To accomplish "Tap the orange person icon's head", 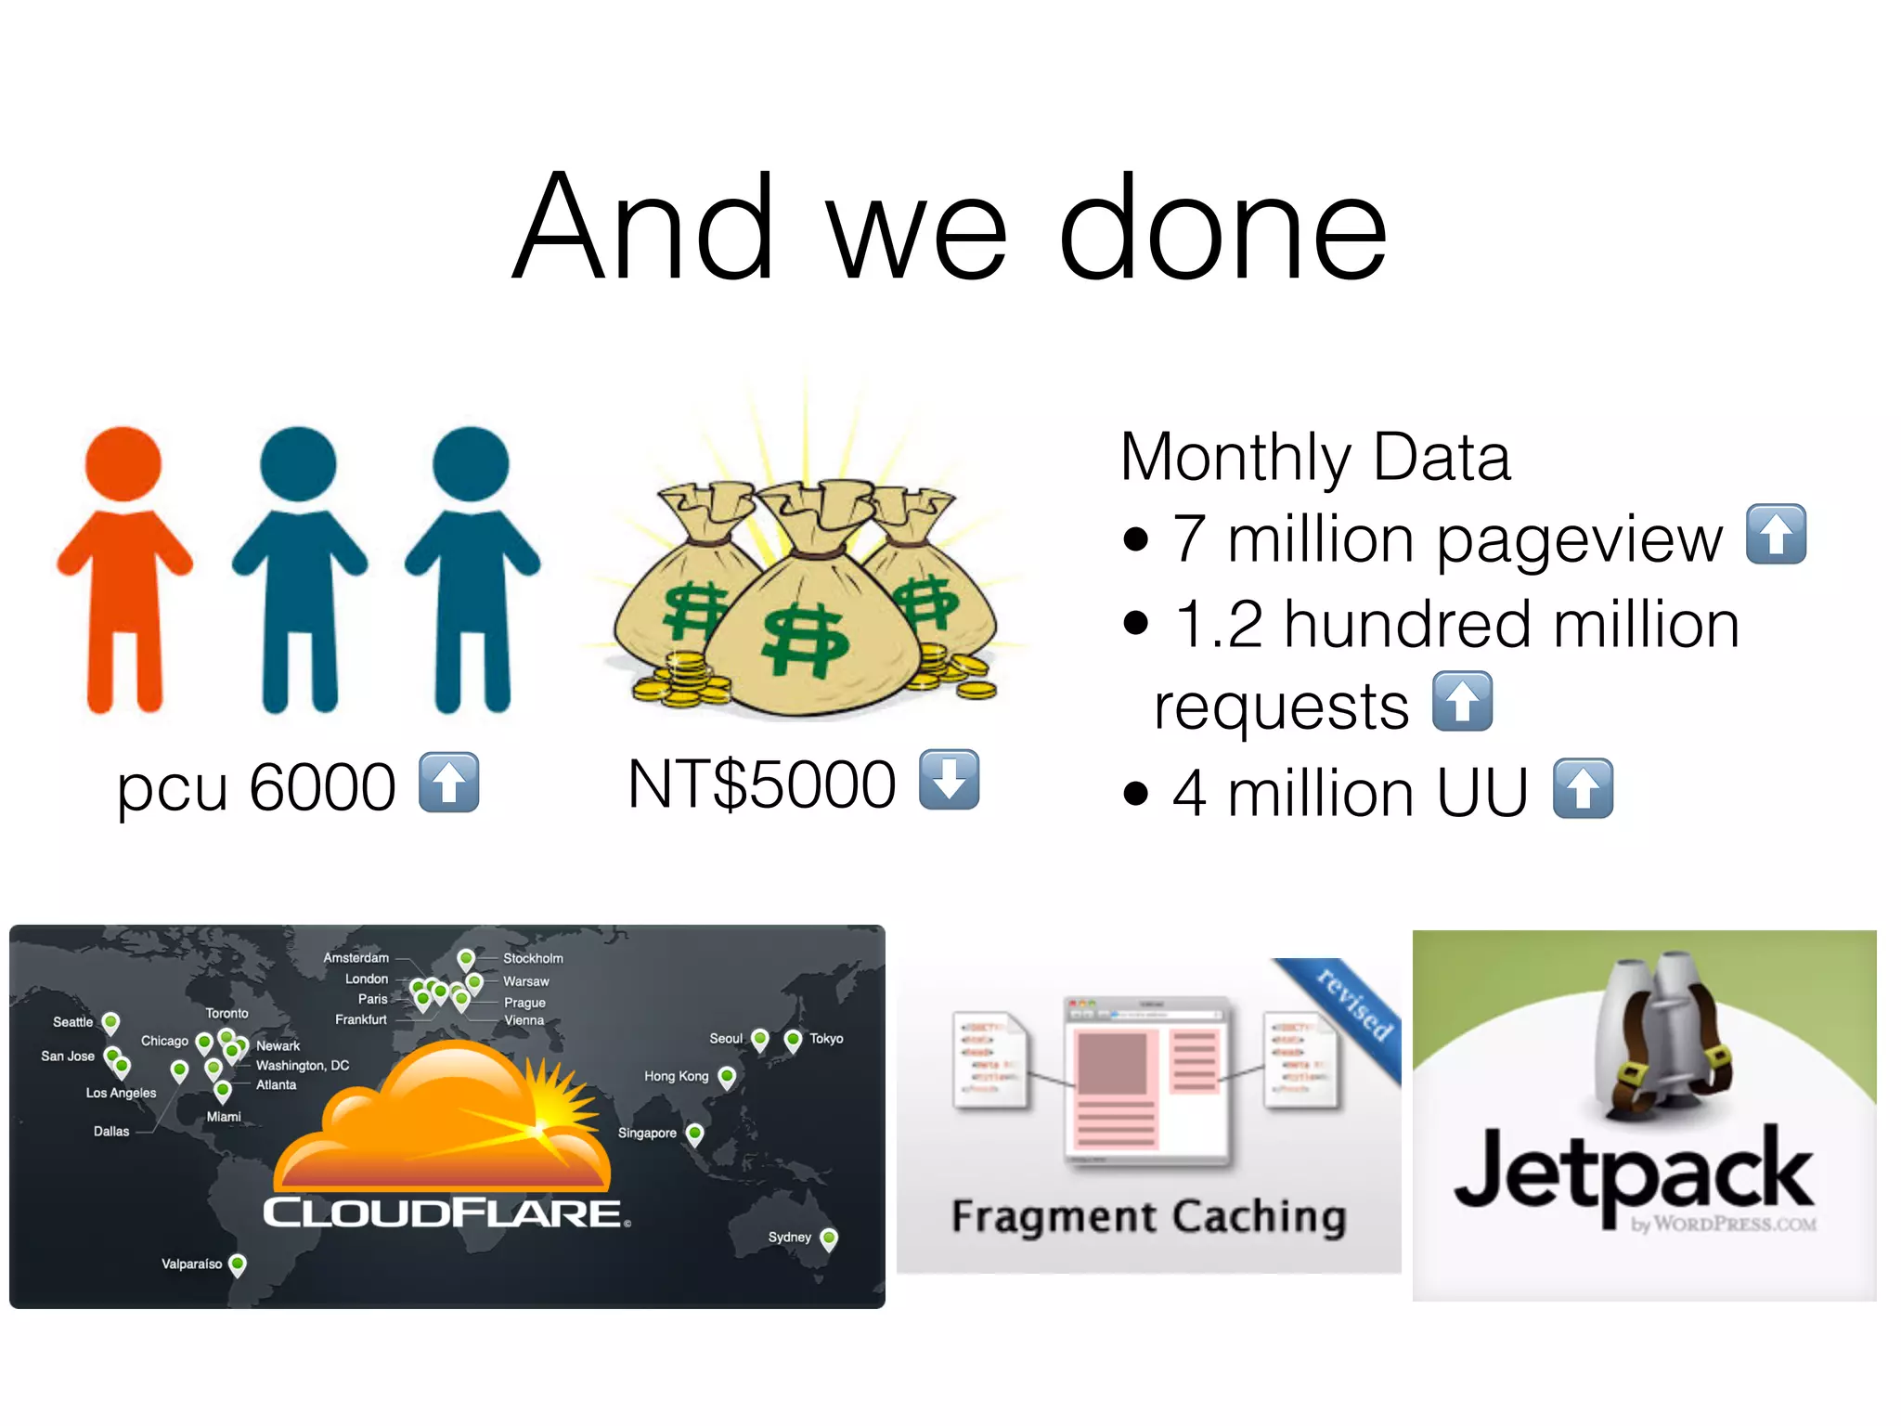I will [x=123, y=464].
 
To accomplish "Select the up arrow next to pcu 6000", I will [x=449, y=782].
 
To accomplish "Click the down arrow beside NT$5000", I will [x=949, y=779].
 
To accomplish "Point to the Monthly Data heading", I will [x=1314, y=457].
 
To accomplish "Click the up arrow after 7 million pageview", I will [x=1776, y=534].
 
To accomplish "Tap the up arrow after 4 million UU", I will [x=1583, y=788].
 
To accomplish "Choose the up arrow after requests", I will [x=1462, y=702].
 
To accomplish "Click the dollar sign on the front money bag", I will [x=804, y=640].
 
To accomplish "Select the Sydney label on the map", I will [x=789, y=1237].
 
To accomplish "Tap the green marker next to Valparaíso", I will [x=238, y=1264].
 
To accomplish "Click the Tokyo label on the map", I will [x=826, y=1038].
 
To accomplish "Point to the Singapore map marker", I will [x=694, y=1133].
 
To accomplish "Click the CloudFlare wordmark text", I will [x=443, y=1213].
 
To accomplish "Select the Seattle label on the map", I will [x=72, y=1022].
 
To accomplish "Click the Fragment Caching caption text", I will [x=1148, y=1216].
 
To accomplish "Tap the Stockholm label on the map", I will [x=533, y=958].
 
